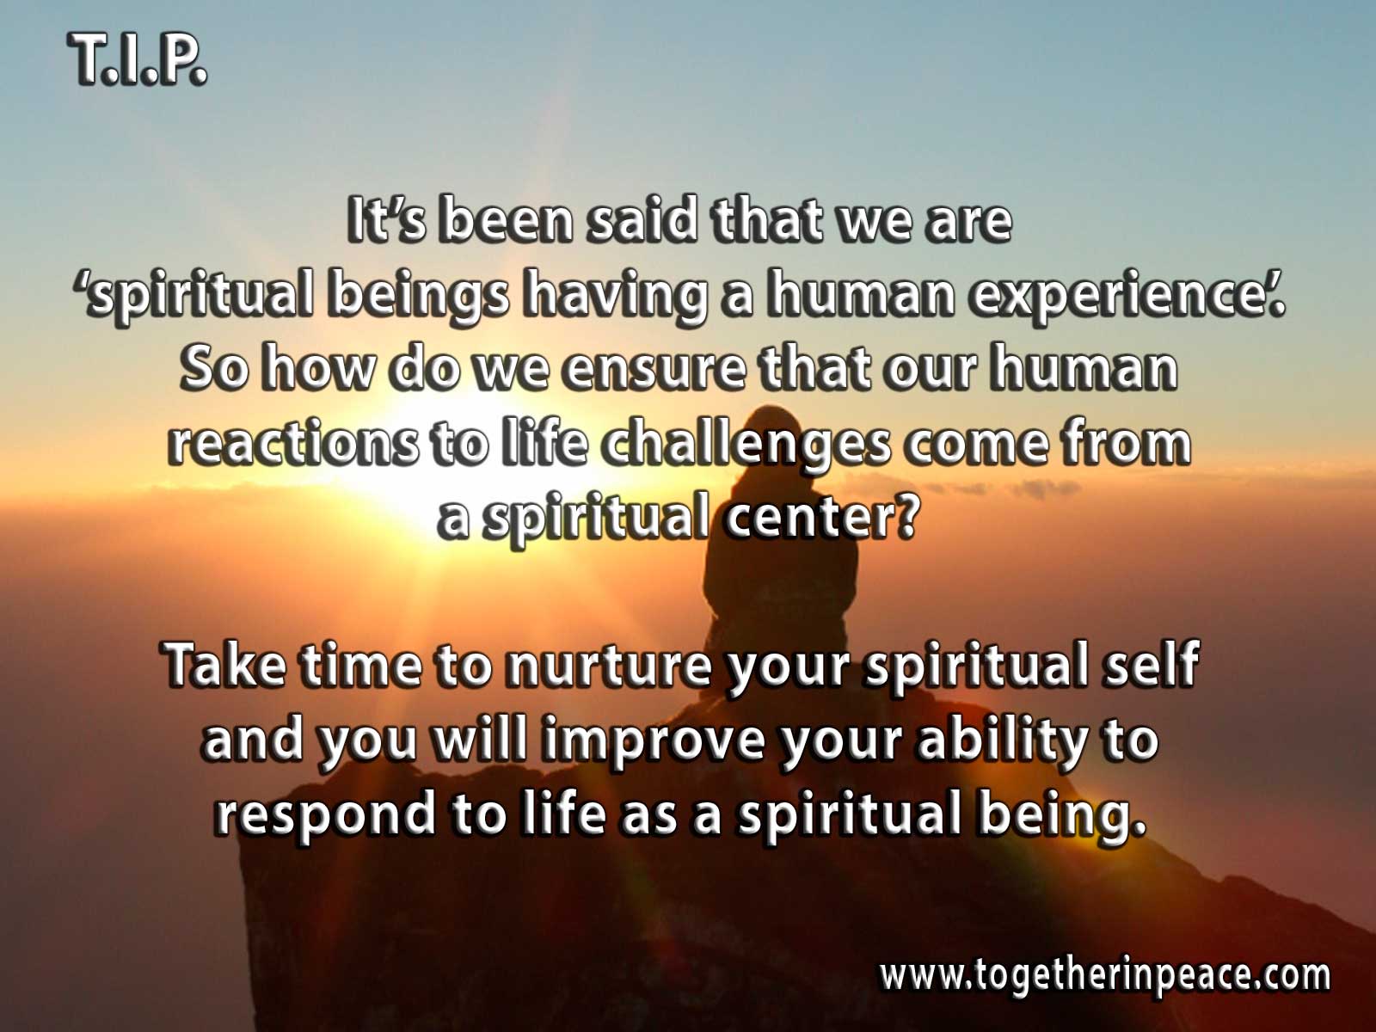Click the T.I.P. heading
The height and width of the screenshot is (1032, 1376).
pos(137,58)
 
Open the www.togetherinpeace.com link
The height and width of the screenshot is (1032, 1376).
pos(1104,975)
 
